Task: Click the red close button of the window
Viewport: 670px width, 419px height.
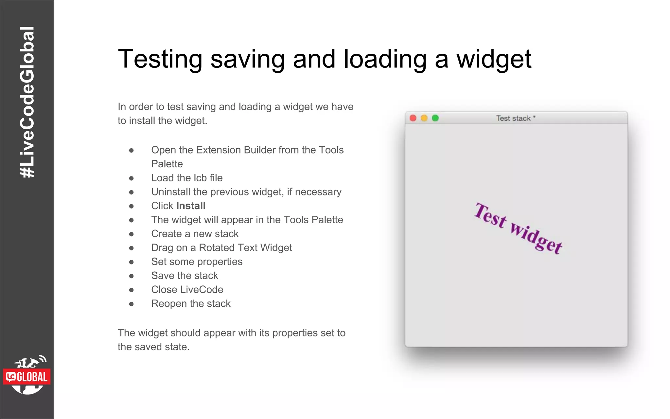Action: [413, 118]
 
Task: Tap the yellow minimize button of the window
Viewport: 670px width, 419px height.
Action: [424, 118]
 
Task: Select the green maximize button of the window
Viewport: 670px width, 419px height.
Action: [435, 118]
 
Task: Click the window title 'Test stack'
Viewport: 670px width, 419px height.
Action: [513, 118]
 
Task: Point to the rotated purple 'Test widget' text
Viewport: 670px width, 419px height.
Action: [518, 228]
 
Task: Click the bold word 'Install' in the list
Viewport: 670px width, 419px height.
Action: [191, 206]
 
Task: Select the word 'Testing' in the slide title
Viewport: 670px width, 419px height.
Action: [160, 59]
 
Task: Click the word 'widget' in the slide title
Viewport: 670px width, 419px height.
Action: [494, 59]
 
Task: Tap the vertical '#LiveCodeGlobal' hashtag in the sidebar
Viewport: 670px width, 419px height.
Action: [27, 102]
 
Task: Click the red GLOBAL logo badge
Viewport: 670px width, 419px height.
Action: [27, 377]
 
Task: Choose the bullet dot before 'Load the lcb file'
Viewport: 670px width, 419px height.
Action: [132, 178]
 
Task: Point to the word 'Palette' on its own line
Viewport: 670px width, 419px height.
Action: [167, 164]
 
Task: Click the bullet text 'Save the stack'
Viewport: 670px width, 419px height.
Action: [185, 276]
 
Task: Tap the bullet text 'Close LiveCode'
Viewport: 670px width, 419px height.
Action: [187, 290]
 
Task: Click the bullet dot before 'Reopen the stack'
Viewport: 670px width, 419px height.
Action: [132, 304]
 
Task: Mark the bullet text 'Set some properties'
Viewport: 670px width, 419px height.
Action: [197, 262]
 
